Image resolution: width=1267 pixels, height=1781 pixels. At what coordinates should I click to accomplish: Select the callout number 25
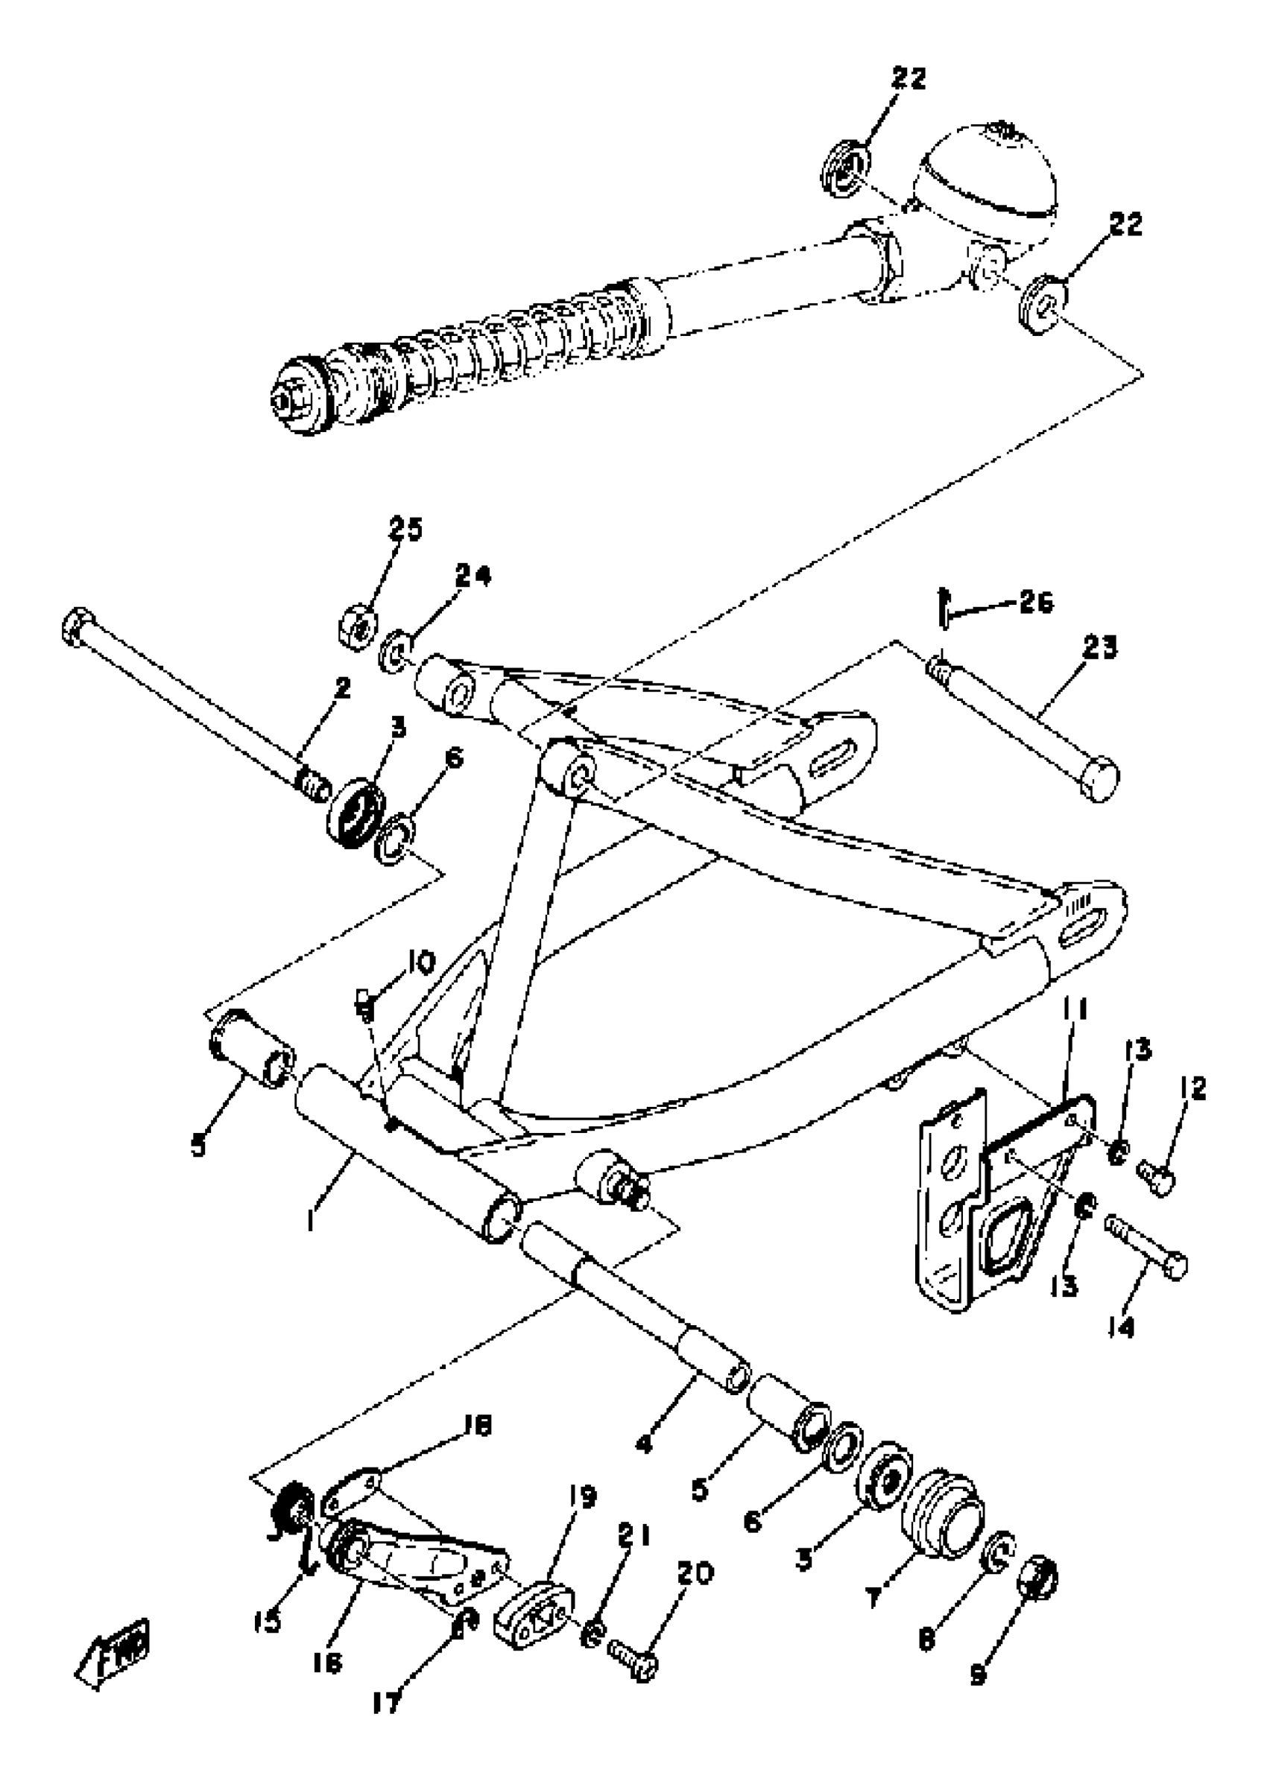click(x=405, y=530)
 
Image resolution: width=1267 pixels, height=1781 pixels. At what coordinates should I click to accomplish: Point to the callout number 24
click(x=473, y=577)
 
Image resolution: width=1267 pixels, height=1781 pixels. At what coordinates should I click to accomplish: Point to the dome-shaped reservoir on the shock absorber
click(x=989, y=168)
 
